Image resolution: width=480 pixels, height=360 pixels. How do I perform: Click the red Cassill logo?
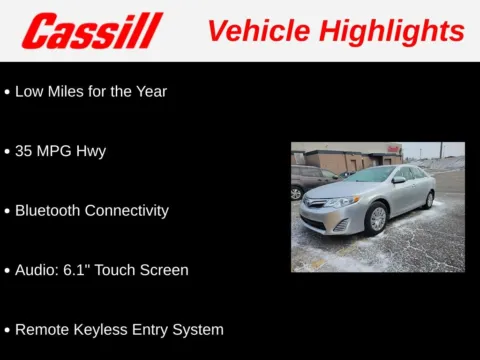pyautogui.click(x=91, y=31)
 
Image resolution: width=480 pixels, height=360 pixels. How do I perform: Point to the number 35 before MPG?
pyautogui.click(x=25, y=151)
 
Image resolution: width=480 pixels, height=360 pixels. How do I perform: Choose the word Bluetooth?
pyautogui.click(x=51, y=211)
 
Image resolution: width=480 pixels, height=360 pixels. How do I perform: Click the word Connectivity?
pyautogui.click(x=130, y=211)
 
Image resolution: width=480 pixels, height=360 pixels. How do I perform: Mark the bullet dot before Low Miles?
pyautogui.click(x=7, y=92)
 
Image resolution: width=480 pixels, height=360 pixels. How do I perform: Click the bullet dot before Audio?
pyautogui.click(x=7, y=270)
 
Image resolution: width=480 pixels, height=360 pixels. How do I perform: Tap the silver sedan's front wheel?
pyautogui.click(x=378, y=218)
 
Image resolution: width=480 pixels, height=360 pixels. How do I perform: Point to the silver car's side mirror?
pyautogui.click(x=398, y=180)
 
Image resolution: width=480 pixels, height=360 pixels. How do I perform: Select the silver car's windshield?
pyautogui.click(x=371, y=175)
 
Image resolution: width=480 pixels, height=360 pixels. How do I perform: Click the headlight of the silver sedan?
pyautogui.click(x=343, y=203)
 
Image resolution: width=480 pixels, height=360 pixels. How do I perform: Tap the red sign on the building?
pyautogui.click(x=394, y=149)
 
